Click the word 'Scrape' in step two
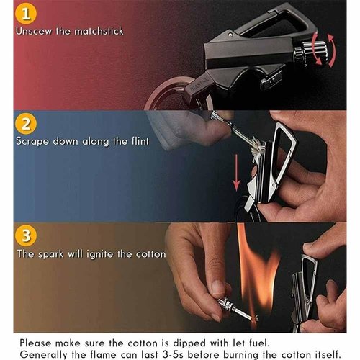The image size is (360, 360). click(x=34, y=140)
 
